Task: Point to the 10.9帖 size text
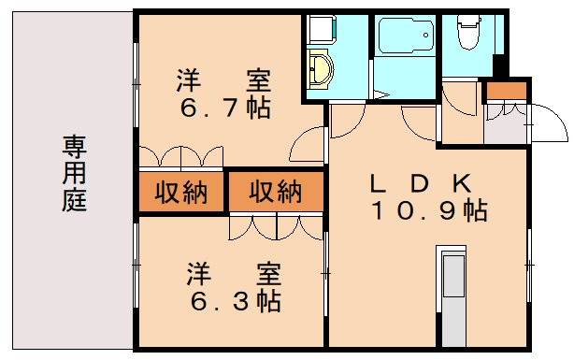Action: [428, 211]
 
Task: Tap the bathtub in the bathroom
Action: [405, 36]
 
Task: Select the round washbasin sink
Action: [321, 70]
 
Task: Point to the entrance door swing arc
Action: [547, 124]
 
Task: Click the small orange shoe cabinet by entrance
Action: [506, 92]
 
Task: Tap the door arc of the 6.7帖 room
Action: [308, 145]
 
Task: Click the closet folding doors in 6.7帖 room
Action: [181, 155]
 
